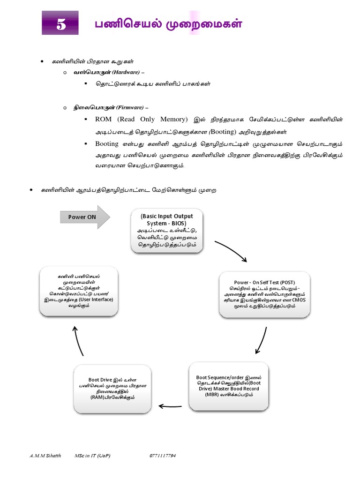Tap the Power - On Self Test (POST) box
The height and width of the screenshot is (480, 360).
[264, 294]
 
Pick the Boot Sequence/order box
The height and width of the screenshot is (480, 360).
[228, 385]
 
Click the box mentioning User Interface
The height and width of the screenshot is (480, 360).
[79, 291]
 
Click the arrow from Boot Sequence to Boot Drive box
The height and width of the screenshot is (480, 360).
[173, 406]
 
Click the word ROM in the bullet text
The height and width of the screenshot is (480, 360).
[104, 120]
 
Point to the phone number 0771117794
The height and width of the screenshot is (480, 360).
[163, 456]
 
